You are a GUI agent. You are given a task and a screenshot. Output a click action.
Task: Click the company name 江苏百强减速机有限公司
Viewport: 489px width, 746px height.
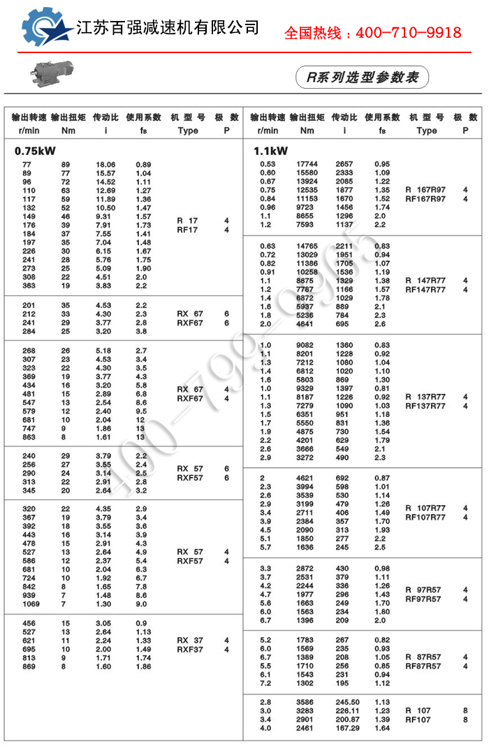tap(167, 28)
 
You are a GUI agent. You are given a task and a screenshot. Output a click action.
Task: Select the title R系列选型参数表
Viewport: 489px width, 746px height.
tap(362, 77)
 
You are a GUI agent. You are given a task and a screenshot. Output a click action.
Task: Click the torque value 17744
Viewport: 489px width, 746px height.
tap(307, 164)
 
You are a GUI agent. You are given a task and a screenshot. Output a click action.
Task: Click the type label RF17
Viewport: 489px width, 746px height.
tap(187, 229)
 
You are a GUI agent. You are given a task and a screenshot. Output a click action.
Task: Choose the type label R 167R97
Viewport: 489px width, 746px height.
tap(425, 190)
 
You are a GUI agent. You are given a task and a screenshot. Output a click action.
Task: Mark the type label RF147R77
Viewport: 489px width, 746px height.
tap(425, 289)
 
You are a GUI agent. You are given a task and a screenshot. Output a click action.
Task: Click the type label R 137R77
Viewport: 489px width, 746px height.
tap(425, 397)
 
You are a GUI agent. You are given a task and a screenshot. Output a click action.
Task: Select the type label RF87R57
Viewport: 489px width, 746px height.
tap(423, 666)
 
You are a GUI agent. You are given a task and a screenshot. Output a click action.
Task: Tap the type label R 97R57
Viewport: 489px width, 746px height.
tap(423, 590)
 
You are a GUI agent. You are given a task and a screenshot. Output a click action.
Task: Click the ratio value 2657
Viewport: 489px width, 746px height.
tap(344, 164)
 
